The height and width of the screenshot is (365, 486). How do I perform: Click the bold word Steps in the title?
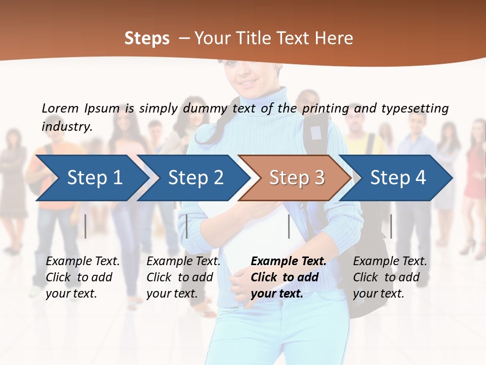coord(147,39)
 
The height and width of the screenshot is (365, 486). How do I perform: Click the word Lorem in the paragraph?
coord(60,108)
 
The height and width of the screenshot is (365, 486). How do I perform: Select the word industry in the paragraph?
coord(66,127)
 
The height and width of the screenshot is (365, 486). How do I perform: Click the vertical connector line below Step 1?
coord(86,226)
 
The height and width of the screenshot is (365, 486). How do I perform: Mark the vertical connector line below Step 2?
coord(187,226)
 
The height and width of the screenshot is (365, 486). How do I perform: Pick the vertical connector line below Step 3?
coord(289,226)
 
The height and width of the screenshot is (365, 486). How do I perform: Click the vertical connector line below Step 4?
coord(391,226)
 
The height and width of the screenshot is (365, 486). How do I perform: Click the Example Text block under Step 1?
coord(83,277)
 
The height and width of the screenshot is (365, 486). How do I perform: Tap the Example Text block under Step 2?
coord(183,277)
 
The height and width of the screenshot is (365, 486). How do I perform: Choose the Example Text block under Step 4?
coord(390,277)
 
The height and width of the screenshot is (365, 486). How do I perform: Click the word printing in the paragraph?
coord(326,108)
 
